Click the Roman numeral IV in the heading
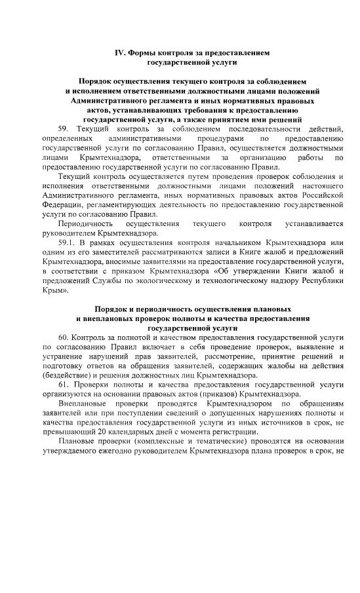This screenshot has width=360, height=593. click(120, 51)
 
